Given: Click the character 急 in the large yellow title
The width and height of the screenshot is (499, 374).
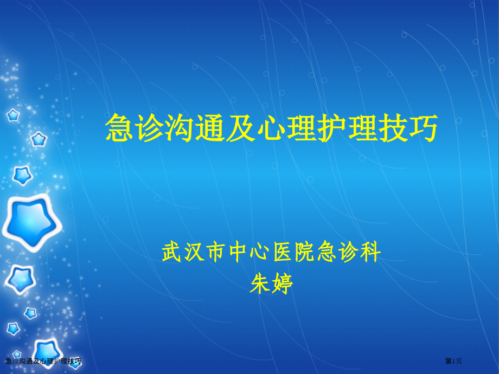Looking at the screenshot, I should pyautogui.click(x=119, y=128).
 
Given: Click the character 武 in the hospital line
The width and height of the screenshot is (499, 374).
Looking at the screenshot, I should pyautogui.click(x=173, y=253).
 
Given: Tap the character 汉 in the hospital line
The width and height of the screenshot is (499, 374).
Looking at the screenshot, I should pyautogui.click(x=198, y=253).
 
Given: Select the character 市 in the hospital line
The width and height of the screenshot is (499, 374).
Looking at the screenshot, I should pyautogui.click(x=222, y=253).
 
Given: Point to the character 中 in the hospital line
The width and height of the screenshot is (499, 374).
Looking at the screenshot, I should pyautogui.click(x=246, y=253).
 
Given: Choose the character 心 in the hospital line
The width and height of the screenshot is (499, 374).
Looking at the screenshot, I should pyautogui.click(x=271, y=253).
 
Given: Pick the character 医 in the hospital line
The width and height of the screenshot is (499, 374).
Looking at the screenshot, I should pyautogui.click(x=295, y=253).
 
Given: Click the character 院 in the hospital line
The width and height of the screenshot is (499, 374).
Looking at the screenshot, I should pyautogui.click(x=319, y=253).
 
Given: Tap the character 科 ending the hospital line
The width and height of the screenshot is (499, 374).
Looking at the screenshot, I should pyautogui.click(x=369, y=253).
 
